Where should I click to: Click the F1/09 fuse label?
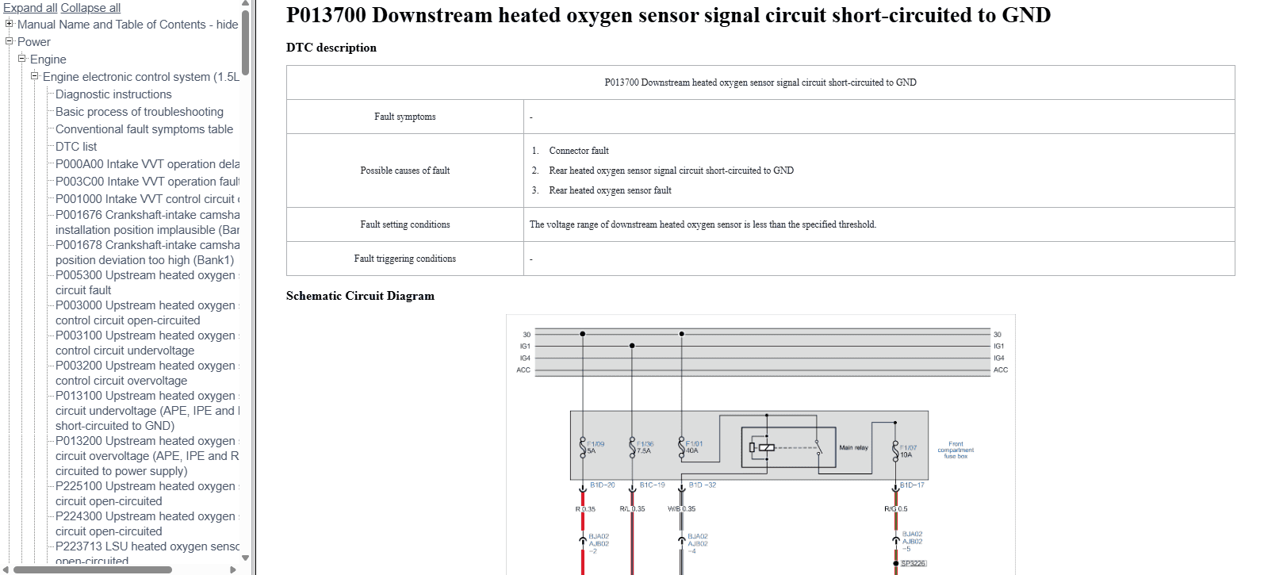point(596,444)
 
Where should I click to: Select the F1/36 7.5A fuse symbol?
point(632,447)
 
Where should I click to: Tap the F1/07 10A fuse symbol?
point(895,450)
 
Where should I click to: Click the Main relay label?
point(853,447)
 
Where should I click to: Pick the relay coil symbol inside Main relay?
point(766,447)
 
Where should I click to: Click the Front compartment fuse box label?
point(956,450)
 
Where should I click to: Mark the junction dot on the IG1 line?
point(632,346)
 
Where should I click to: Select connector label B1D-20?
point(602,485)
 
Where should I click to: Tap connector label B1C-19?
point(652,485)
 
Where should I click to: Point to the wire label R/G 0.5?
point(896,509)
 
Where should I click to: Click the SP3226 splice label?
point(913,563)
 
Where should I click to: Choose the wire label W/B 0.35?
point(681,509)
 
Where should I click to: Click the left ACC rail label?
point(523,370)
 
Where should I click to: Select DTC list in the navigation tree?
point(76,147)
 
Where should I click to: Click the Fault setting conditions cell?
point(404,224)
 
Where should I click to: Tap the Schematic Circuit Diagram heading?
point(360,296)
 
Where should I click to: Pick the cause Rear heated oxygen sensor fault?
point(610,190)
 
